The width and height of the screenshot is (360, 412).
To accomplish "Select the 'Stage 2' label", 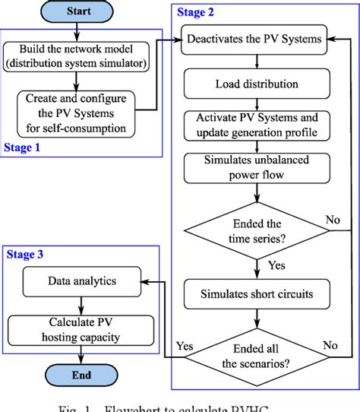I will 197,13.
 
